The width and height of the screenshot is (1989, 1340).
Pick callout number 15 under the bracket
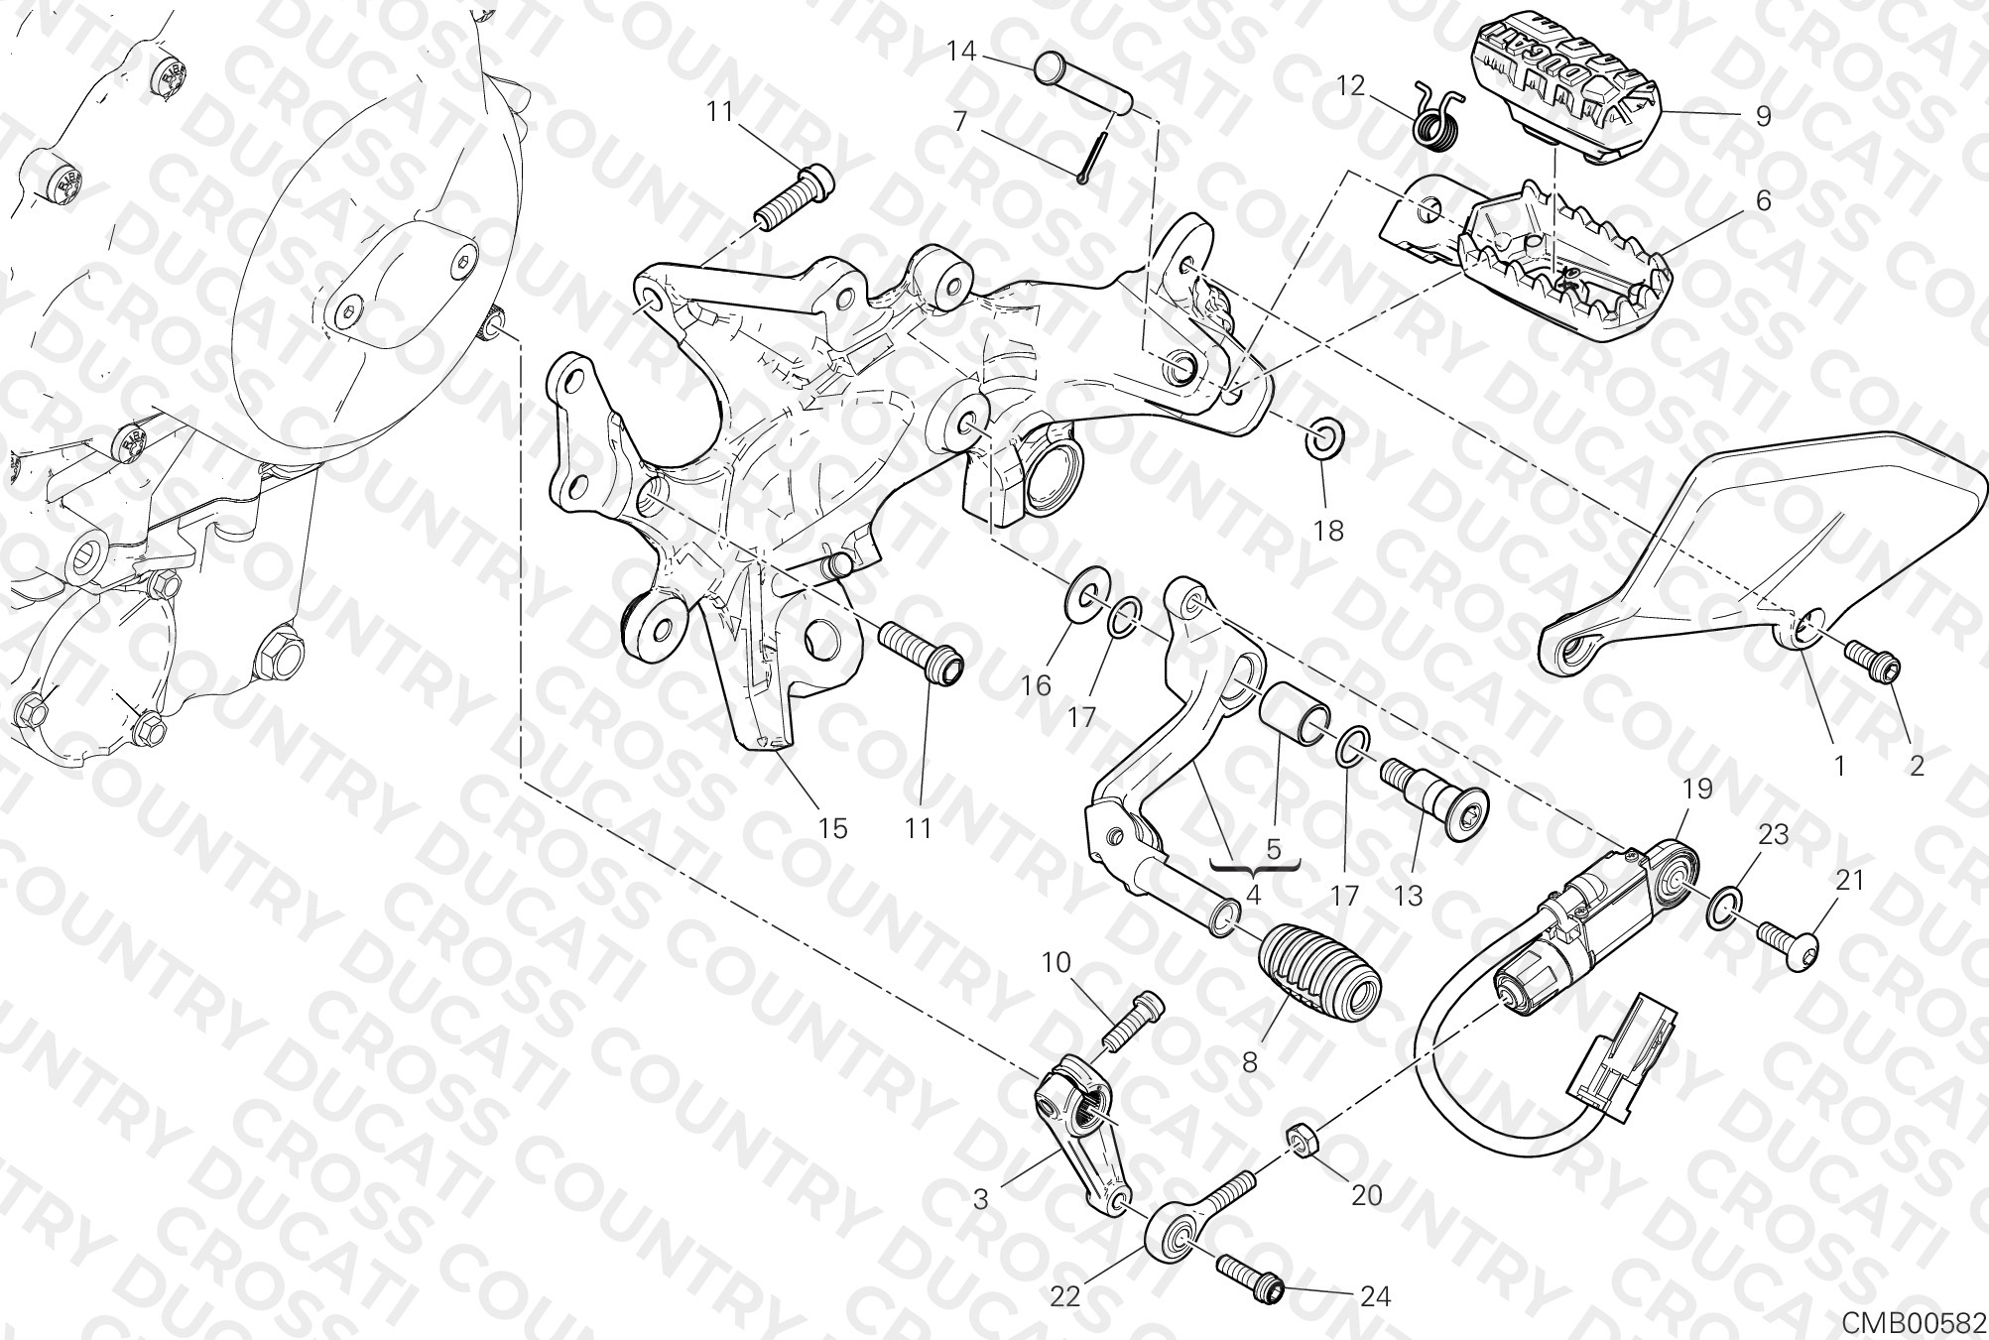832,827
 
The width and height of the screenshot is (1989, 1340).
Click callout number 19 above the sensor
1697,791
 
